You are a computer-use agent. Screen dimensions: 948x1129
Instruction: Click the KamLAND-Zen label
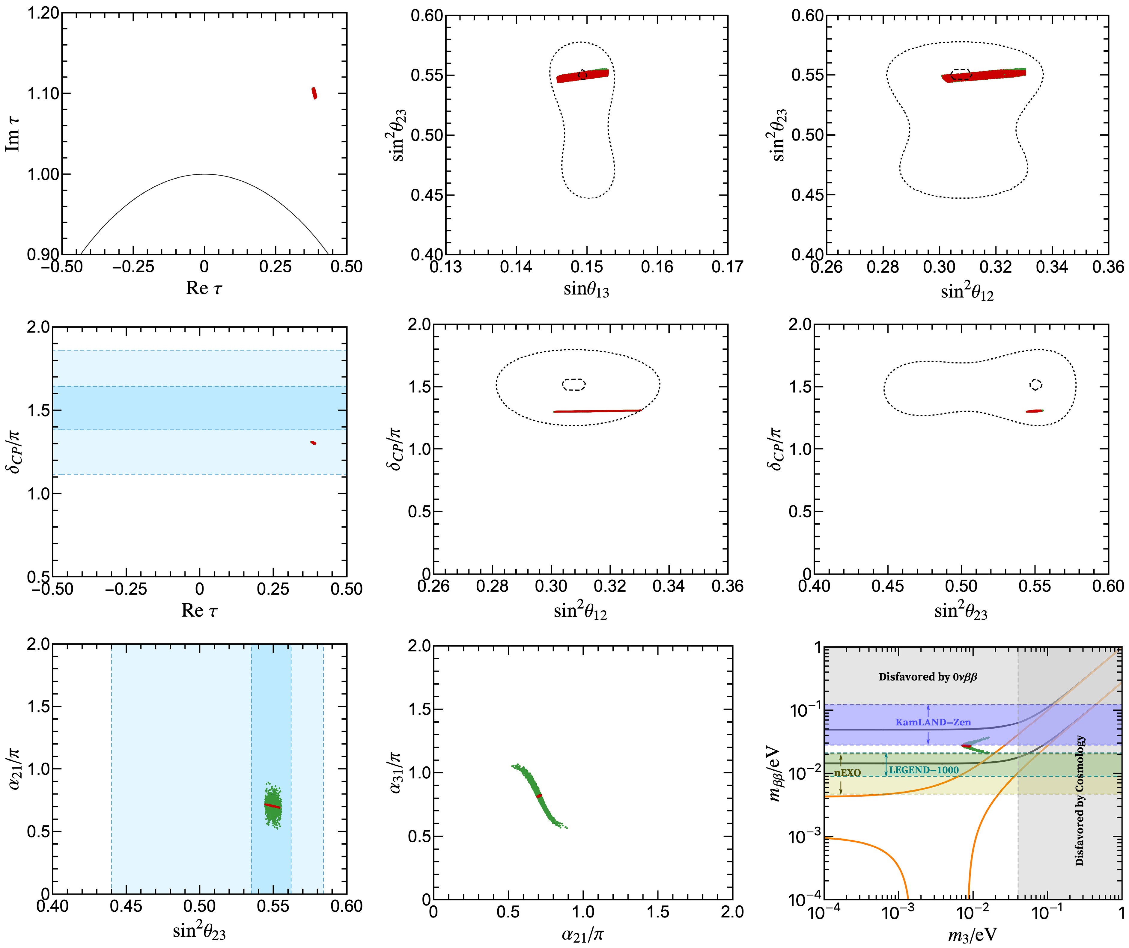933,722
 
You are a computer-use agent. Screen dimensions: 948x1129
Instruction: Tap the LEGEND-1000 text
924,770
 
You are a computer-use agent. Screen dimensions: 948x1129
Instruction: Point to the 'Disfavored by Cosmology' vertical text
1080,801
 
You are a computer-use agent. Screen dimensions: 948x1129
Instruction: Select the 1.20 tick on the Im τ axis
43,13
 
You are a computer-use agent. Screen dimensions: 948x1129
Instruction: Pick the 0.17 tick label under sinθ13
727,267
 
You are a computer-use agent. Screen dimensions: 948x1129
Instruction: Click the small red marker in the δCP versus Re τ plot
313,443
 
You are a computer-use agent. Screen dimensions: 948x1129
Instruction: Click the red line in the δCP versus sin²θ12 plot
597,411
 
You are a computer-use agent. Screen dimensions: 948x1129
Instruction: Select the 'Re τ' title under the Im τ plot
204,289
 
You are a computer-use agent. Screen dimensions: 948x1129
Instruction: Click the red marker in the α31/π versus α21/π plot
539,796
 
